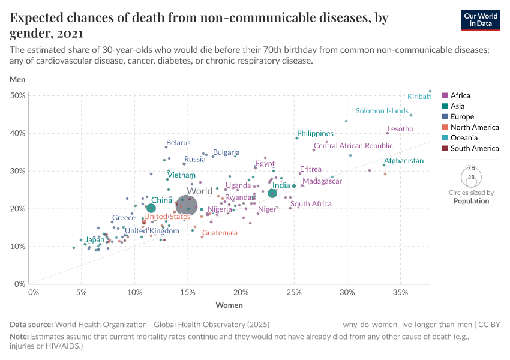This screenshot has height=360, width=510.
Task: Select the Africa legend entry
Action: (460, 95)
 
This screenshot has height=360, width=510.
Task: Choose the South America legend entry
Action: (474, 148)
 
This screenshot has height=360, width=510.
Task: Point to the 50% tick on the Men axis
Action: (17, 95)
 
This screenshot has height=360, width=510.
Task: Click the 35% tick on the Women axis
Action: (400, 292)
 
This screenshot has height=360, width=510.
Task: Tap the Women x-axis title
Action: (229, 305)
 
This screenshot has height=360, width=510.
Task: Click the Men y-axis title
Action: (17, 79)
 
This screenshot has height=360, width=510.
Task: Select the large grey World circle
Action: (187, 206)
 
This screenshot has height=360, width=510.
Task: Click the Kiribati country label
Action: (419, 97)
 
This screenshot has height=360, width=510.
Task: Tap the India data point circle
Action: (272, 193)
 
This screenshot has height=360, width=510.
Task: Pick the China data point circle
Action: (151, 208)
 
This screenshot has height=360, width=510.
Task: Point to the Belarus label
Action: (178, 143)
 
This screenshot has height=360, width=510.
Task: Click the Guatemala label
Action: (220, 233)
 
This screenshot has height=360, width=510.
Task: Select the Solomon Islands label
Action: (382, 111)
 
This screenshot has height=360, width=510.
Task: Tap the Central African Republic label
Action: (353, 146)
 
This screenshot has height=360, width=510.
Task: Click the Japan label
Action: (95, 240)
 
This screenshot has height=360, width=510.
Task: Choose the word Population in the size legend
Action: (471, 201)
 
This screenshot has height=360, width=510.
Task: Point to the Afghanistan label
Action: (403, 161)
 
